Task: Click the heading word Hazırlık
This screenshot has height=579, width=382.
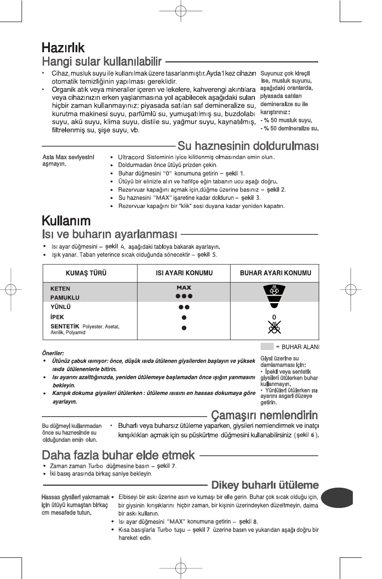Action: [63, 47]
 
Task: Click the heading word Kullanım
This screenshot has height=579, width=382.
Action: [66, 221]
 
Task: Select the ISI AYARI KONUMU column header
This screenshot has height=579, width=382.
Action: [181, 273]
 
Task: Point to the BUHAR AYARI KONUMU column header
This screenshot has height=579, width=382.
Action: [275, 273]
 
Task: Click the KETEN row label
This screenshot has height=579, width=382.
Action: [60, 288]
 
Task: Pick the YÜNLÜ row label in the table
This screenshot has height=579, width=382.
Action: [61, 307]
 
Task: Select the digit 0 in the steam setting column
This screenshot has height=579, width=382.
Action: [274, 317]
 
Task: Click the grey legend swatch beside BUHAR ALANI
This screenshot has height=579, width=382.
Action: [267, 346]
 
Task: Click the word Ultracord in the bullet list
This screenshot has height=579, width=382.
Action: [130, 157]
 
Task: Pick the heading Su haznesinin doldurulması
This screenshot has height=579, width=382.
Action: [248, 146]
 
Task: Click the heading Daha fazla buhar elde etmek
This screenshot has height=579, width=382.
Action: [118, 455]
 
